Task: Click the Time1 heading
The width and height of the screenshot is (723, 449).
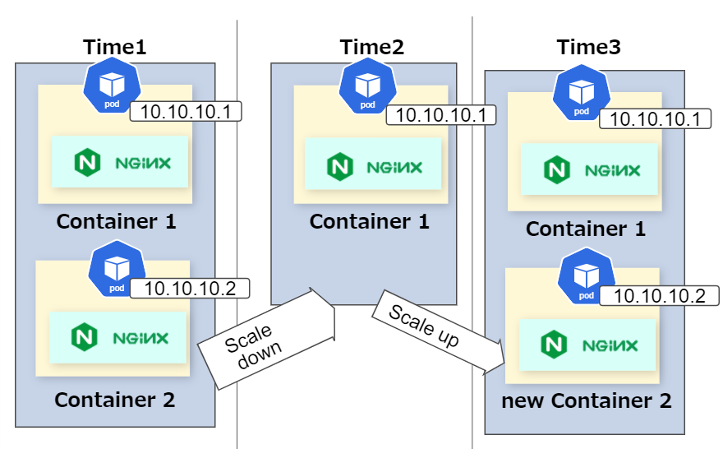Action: [115, 47]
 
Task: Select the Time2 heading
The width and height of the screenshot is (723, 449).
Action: [371, 47]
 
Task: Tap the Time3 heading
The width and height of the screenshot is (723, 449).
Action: [589, 47]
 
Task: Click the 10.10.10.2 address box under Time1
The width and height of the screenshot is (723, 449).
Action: [190, 289]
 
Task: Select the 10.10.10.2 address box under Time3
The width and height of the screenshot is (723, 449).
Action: [660, 296]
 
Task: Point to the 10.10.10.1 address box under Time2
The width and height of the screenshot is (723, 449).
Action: [441, 115]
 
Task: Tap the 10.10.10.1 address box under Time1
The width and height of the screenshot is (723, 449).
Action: [186, 111]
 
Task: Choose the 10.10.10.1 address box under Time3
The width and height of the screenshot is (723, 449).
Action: [656, 118]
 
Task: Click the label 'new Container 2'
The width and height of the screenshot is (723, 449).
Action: [586, 400]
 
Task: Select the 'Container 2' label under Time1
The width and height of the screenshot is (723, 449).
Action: [115, 400]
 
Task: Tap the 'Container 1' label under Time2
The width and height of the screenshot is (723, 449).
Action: [370, 221]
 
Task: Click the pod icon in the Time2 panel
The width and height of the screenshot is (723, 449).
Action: [367, 86]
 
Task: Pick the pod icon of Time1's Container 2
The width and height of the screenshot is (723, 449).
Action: [117, 269]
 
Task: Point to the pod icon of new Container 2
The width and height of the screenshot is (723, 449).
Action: [586, 276]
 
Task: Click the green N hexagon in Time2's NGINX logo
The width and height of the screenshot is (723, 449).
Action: [340, 167]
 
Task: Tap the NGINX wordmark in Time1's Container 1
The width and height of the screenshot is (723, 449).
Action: [143, 163]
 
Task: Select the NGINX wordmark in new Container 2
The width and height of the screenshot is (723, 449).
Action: [610, 345]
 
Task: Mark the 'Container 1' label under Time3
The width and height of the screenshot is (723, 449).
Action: [586, 229]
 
